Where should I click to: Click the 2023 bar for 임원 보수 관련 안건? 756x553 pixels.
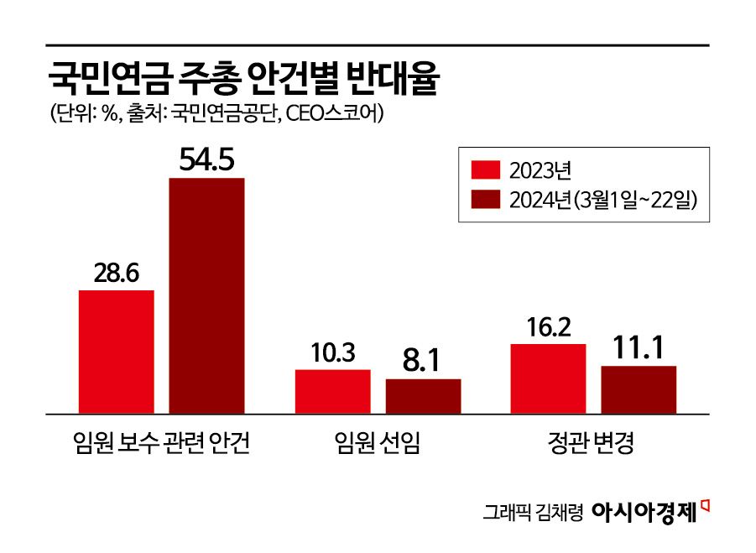tap(117, 352)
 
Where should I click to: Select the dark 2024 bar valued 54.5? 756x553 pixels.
tap(206, 295)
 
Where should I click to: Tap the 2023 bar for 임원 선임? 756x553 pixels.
tap(332, 391)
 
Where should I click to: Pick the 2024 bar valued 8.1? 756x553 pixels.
tap(423, 396)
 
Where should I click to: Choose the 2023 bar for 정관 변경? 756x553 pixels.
tap(548, 378)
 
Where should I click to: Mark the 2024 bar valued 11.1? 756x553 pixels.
tap(639, 389)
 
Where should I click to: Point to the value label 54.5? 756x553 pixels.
tap(206, 159)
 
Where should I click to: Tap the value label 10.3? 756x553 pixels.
tap(332, 352)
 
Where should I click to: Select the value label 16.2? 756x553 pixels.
tap(548, 326)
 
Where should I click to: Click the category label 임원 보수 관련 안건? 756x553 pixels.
tap(162, 442)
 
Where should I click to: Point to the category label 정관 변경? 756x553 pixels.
tap(593, 442)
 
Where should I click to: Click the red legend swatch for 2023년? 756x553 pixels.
tap(486, 171)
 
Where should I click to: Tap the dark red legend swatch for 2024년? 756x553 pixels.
tap(486, 200)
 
